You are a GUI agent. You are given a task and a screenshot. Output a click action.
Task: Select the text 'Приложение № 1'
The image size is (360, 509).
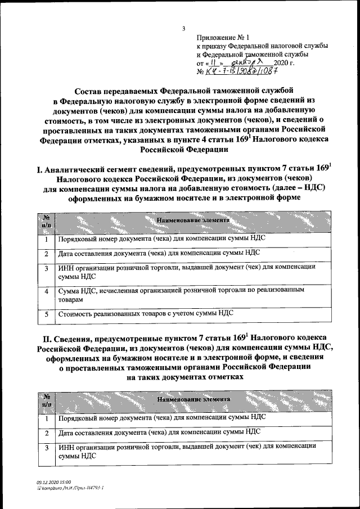pyautogui.click(x=219, y=36)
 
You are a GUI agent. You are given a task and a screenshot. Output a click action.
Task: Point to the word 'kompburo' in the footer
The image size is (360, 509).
pyautogui.click(x=52, y=488)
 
